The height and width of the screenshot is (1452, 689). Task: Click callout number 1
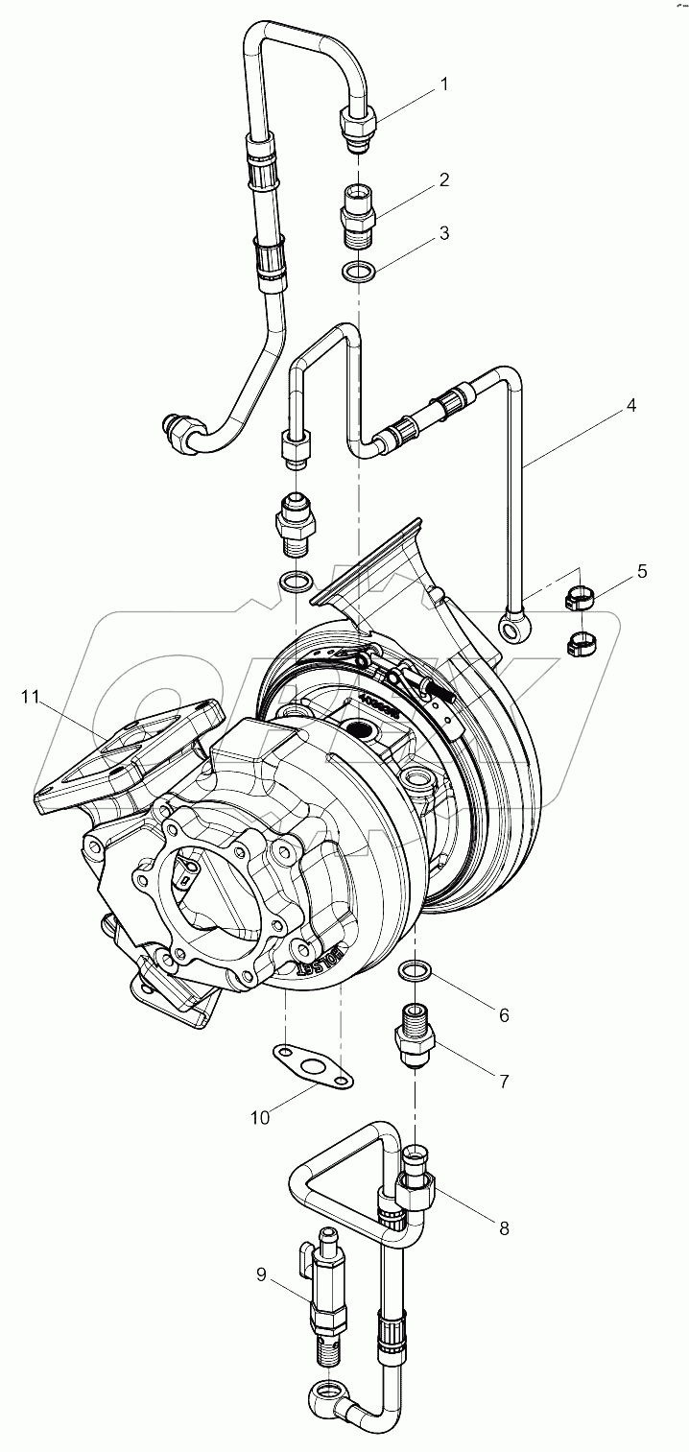pos(443,84)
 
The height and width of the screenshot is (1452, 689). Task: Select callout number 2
pos(443,179)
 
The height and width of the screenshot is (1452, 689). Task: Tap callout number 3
pos(443,233)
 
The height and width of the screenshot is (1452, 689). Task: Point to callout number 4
pos(630,405)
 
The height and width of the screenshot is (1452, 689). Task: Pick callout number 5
pos(641,571)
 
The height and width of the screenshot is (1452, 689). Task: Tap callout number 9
pos(261,1274)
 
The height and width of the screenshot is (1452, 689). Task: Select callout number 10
pos(260,1117)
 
